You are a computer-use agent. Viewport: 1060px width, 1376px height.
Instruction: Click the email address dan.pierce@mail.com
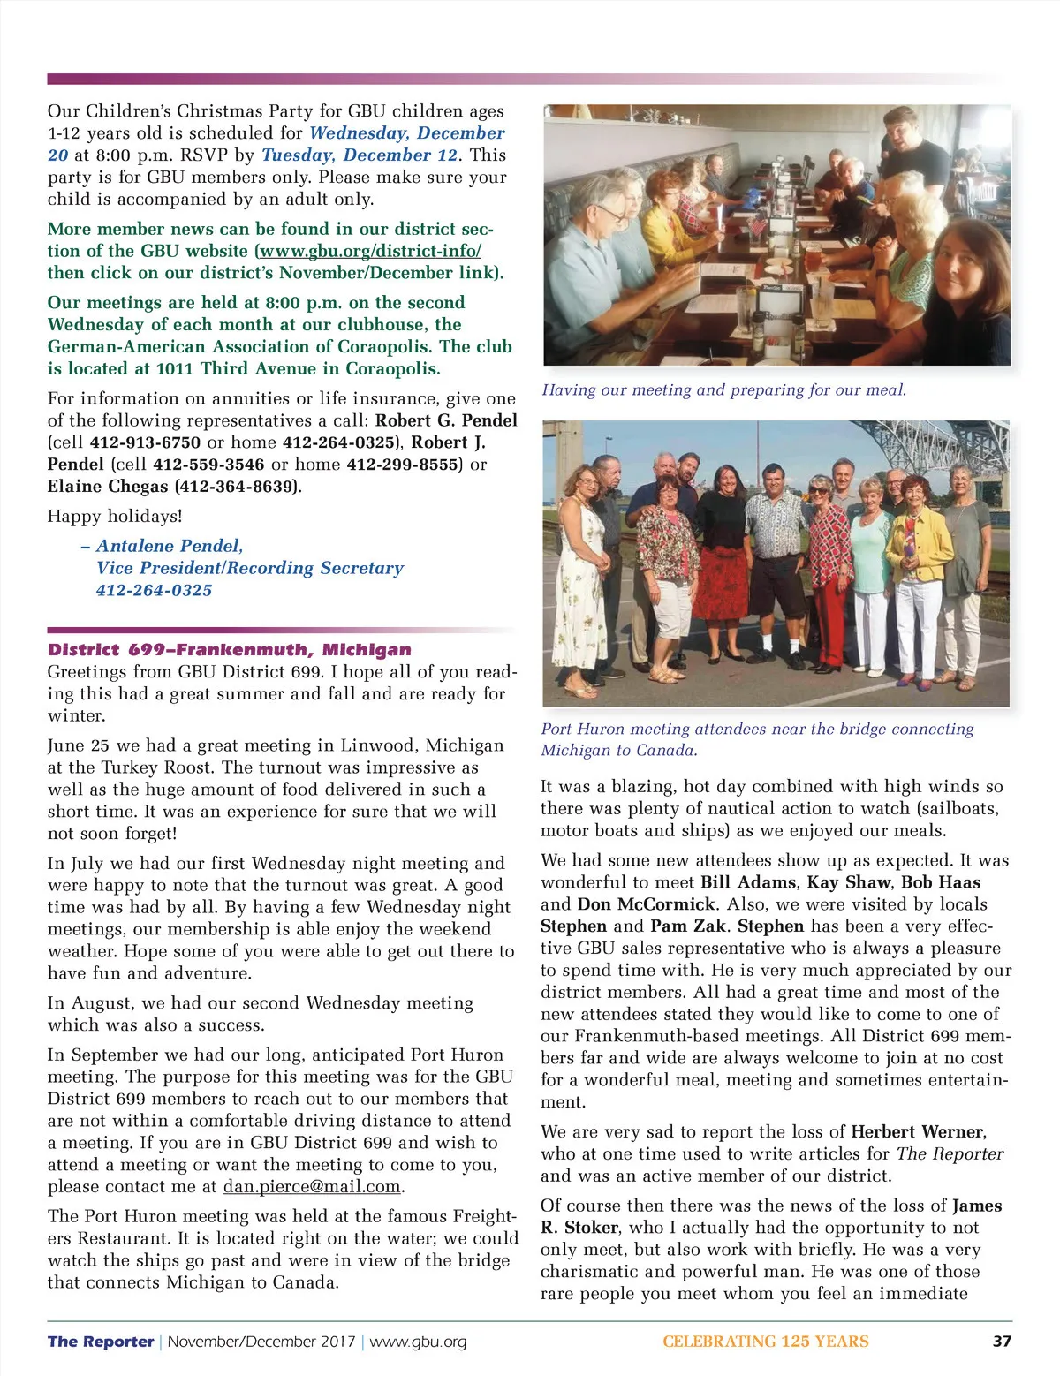tap(314, 1186)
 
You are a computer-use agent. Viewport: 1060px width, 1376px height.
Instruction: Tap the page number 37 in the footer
tap(1002, 1341)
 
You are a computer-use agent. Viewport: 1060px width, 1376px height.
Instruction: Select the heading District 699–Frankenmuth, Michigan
tap(230, 649)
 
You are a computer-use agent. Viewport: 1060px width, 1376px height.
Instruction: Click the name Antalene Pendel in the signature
tap(170, 546)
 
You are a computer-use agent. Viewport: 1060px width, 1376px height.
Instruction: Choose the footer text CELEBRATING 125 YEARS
tap(765, 1341)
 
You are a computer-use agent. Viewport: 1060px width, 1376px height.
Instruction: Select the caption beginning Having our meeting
tap(723, 390)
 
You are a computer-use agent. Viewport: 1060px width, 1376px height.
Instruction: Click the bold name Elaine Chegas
tap(108, 487)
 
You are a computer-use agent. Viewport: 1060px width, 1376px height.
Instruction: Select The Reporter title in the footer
tap(101, 1341)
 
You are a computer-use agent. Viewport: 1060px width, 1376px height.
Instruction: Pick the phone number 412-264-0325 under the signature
tap(155, 590)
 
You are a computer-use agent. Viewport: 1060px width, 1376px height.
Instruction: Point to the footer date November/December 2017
tap(261, 1341)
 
